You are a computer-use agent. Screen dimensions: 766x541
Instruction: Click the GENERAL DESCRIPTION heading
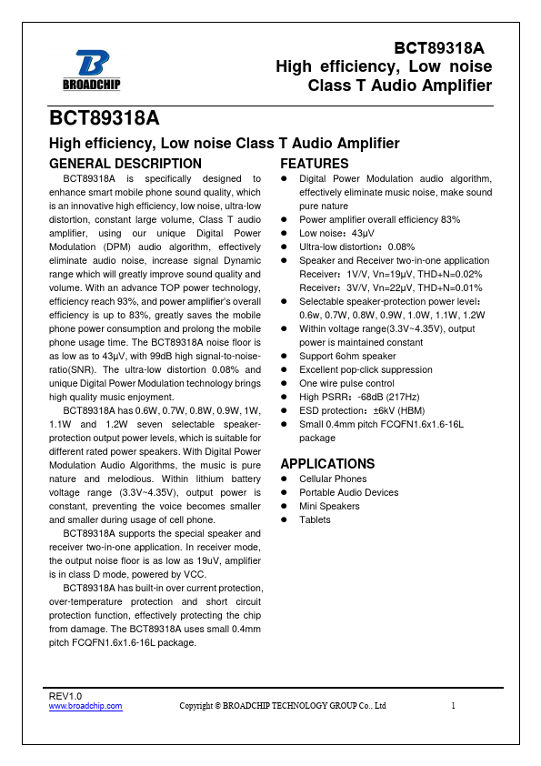click(x=125, y=164)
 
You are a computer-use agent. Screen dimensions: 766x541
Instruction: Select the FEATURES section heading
click(x=314, y=164)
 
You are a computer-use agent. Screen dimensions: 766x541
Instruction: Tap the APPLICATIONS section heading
click(x=327, y=463)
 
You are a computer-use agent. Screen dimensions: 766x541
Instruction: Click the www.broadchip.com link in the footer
click(x=85, y=705)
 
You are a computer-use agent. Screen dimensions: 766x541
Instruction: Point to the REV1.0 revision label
click(x=65, y=695)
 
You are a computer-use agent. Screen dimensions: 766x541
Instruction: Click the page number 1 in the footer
click(x=453, y=705)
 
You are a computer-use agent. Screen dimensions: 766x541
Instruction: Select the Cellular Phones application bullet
click(x=333, y=479)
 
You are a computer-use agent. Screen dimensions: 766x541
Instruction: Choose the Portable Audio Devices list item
click(x=348, y=492)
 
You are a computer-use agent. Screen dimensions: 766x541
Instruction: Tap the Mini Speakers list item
click(x=329, y=506)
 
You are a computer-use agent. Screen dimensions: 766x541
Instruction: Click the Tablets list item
click(x=315, y=519)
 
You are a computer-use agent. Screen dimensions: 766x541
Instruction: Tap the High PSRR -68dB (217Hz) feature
click(x=359, y=397)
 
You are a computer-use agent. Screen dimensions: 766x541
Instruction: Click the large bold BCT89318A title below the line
click(x=105, y=119)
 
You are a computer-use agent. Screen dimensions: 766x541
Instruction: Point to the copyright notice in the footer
click(x=283, y=705)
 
